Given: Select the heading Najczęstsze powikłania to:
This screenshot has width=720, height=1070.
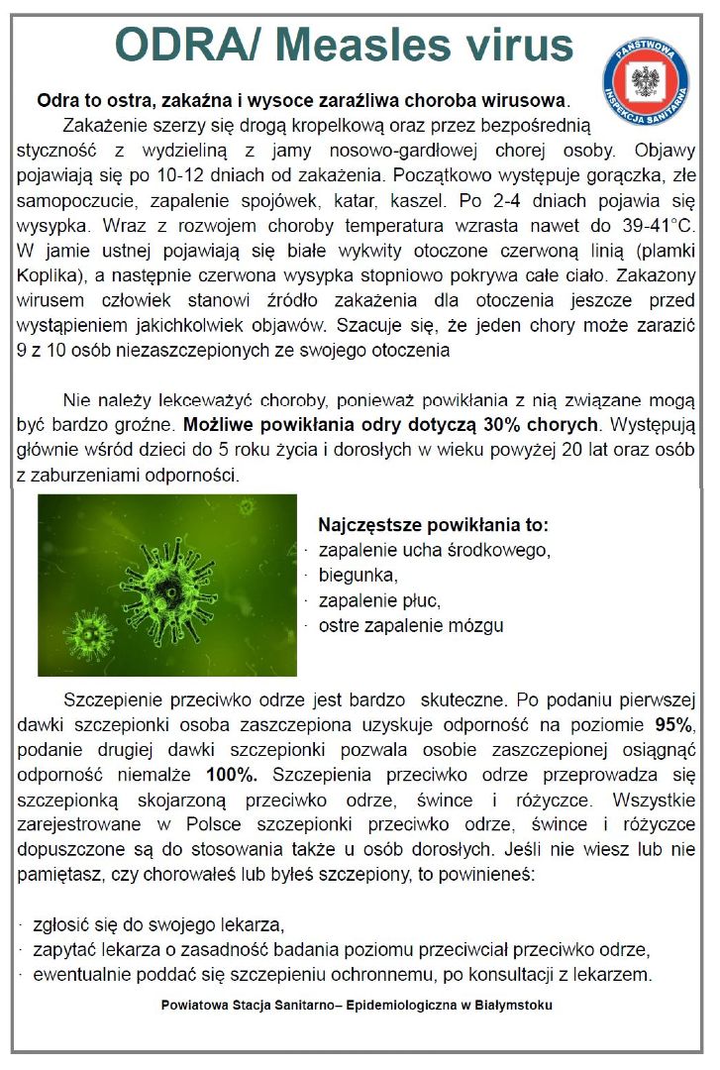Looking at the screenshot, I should (432, 524).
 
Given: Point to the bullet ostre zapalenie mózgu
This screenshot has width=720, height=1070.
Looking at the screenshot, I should (410, 626).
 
